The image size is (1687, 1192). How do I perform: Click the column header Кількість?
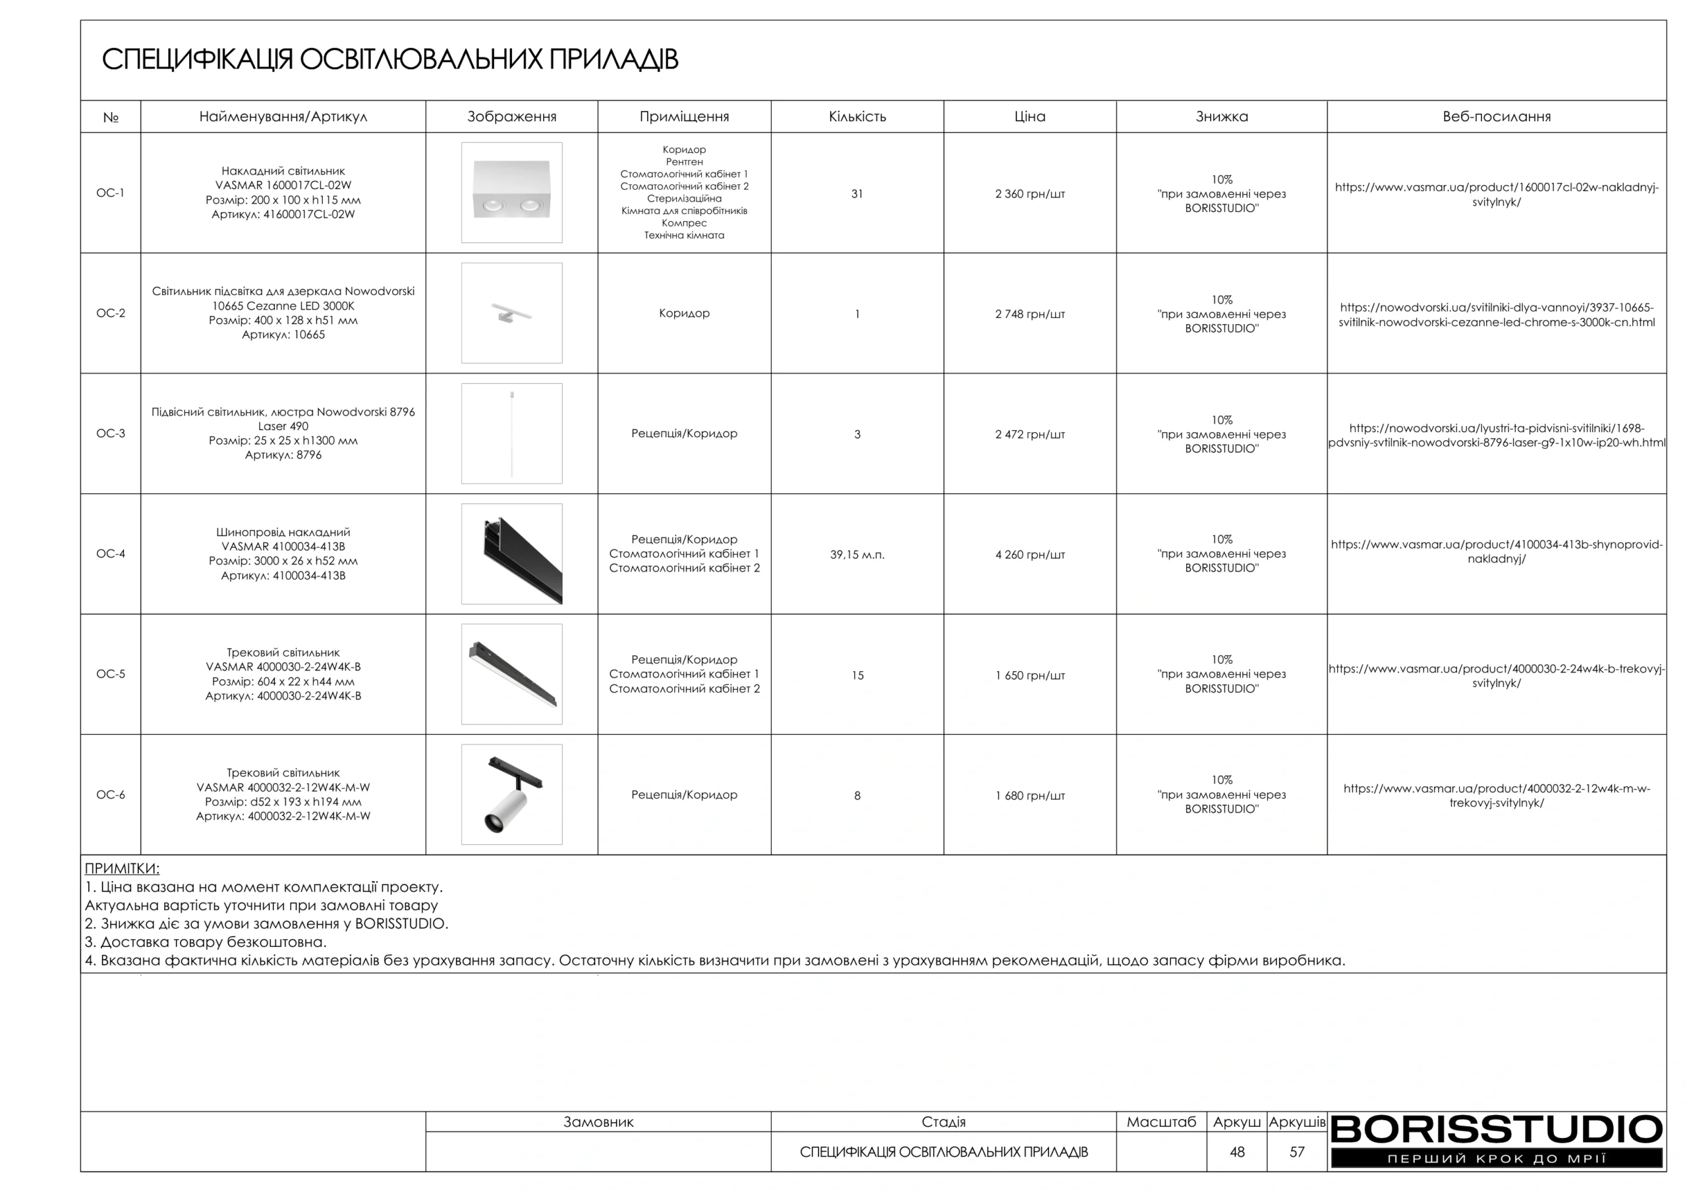click(857, 117)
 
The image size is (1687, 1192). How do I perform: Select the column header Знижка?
click(1221, 117)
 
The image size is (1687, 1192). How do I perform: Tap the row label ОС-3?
click(110, 433)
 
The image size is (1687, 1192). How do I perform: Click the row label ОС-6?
click(110, 795)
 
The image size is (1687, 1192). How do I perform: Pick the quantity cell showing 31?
click(857, 194)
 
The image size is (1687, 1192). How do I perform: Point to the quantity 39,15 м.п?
click(857, 555)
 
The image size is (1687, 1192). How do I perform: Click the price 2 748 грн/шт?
click(1029, 314)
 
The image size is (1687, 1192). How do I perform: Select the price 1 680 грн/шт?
click(1029, 796)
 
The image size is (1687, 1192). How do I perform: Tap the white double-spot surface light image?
click(511, 192)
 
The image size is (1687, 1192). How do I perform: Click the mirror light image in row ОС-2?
click(511, 313)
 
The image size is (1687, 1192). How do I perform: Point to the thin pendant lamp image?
click(511, 433)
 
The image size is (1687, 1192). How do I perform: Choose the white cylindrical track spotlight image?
click(511, 795)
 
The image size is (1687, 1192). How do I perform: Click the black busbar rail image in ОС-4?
click(511, 554)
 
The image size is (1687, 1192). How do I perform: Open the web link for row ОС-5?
click(1496, 676)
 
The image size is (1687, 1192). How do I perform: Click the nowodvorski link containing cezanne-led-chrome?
click(1496, 315)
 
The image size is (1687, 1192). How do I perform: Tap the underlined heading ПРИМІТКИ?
click(122, 868)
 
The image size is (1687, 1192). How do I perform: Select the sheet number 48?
click(1237, 1152)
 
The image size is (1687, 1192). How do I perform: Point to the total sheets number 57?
click(1297, 1152)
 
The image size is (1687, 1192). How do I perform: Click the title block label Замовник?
click(598, 1122)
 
